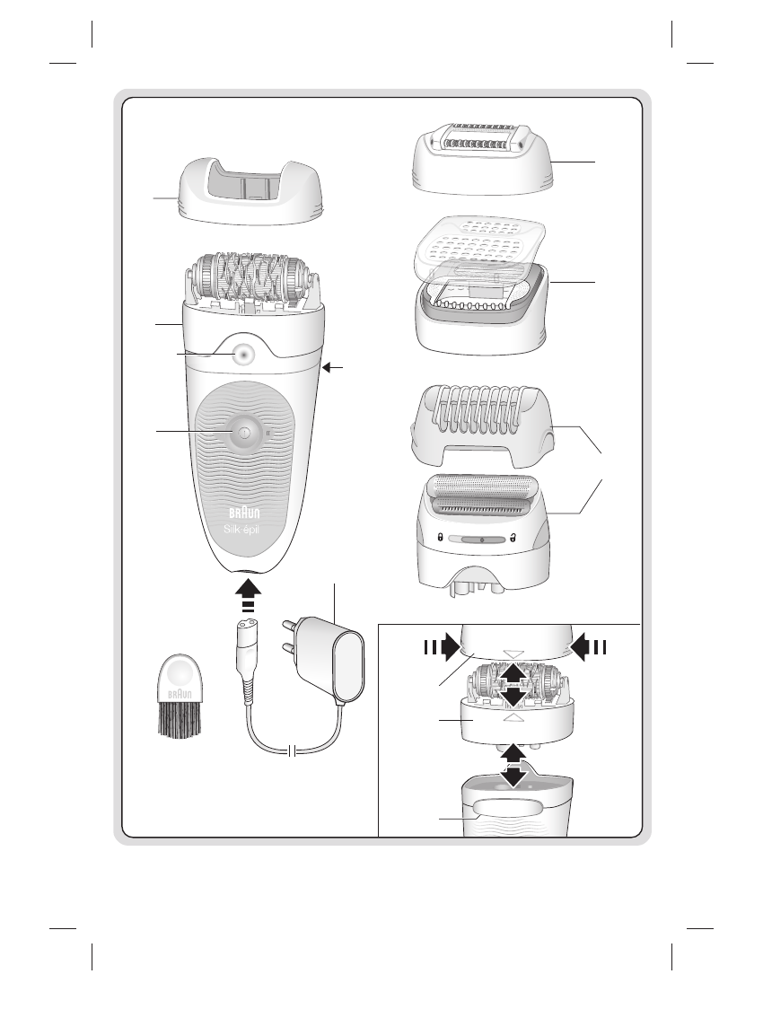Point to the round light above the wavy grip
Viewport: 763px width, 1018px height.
[x=241, y=355]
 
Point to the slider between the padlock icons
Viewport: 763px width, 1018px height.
[x=481, y=540]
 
